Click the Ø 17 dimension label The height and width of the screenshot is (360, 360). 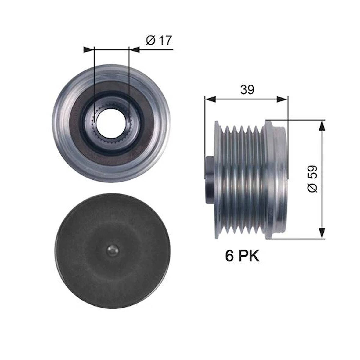159,40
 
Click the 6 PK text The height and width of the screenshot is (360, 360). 242,256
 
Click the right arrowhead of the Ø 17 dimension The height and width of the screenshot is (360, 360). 134,50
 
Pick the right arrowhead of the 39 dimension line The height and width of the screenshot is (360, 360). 282,99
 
